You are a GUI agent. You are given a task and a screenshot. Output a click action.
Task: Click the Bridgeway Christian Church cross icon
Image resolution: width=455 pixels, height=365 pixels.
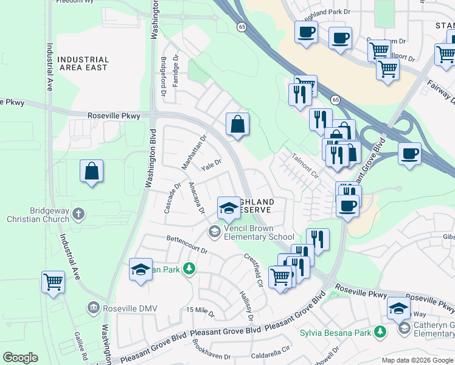pos(78,214)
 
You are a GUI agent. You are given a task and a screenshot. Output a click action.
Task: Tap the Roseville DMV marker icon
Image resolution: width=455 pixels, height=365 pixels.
pos(92,308)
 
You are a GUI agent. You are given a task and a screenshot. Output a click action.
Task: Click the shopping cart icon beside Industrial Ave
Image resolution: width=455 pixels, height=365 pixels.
pos(53,282)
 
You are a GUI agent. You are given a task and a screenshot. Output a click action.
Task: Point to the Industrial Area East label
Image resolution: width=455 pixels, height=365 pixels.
pos(83,64)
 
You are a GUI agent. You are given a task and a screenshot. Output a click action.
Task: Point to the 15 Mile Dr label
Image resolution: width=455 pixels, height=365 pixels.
pos(201,312)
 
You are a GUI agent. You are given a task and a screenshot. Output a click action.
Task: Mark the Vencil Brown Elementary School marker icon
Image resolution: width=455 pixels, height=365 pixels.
pos(214,231)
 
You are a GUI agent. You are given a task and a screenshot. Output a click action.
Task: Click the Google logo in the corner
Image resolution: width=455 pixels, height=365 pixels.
pos(20,358)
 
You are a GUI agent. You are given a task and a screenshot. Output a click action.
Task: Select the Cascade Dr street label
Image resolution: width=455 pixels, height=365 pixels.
pos(172,198)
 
